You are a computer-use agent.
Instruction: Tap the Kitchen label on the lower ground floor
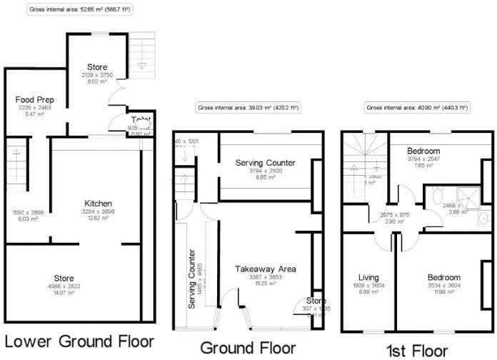98,204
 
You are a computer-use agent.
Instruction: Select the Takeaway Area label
266,269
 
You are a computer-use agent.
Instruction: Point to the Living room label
368,277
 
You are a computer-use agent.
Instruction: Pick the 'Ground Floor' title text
248,348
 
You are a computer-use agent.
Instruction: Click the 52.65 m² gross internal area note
80,11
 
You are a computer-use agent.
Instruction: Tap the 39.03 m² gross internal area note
248,108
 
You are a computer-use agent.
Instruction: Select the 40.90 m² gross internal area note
417,108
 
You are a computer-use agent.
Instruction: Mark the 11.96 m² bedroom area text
444,292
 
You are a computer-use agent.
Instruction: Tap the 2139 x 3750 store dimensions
97,75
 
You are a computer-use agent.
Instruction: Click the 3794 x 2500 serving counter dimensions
266,171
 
